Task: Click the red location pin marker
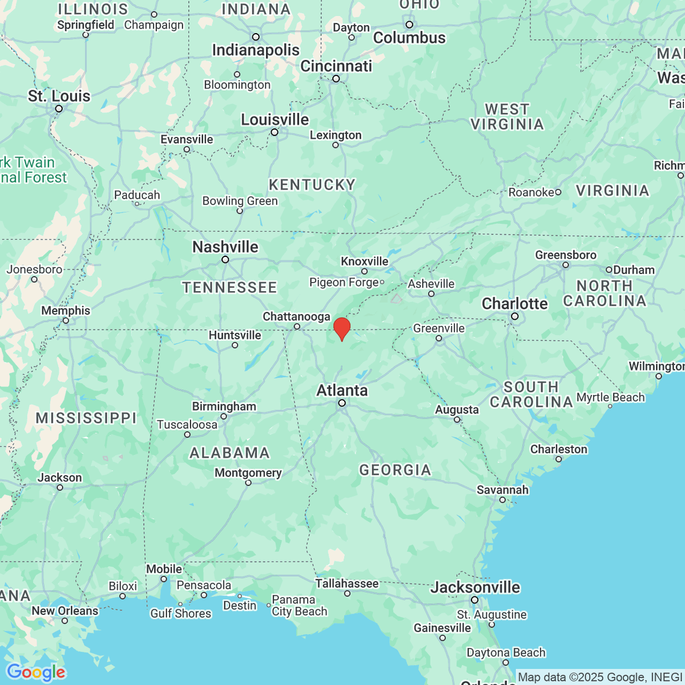(x=341, y=328)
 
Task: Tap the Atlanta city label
(x=342, y=390)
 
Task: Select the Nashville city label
(x=225, y=247)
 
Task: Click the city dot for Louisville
(x=275, y=132)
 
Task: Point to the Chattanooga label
(x=296, y=316)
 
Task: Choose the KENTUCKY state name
(x=312, y=185)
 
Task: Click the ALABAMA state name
(x=229, y=453)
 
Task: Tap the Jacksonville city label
(x=476, y=587)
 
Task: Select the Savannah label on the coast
(x=502, y=490)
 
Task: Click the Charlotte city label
(x=514, y=304)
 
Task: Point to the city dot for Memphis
(x=66, y=321)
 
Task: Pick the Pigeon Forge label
(x=344, y=283)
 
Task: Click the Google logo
(x=35, y=672)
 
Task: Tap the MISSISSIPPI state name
(x=86, y=418)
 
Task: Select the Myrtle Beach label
(x=610, y=397)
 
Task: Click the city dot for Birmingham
(x=224, y=416)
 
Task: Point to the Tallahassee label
(x=346, y=583)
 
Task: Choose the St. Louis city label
(x=59, y=96)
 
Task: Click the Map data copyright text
(x=599, y=678)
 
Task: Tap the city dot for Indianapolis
(x=256, y=37)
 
